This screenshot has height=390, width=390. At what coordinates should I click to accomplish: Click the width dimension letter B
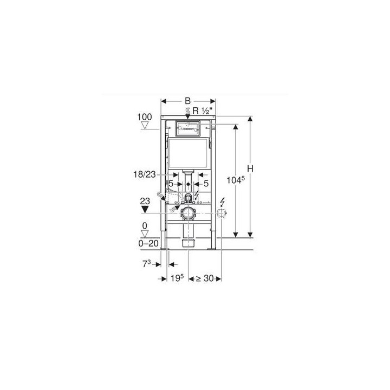click(188, 101)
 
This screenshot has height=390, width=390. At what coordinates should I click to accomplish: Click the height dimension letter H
click(250, 168)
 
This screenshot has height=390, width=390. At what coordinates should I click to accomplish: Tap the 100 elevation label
click(145, 117)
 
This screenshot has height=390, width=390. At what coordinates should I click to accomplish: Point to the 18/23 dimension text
click(145, 174)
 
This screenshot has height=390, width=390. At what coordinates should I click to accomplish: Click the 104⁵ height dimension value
click(236, 180)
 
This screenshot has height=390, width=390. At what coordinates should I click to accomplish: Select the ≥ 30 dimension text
click(205, 278)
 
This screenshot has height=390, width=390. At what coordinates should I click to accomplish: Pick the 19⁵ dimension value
click(177, 278)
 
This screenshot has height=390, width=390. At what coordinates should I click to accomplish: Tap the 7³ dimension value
click(146, 264)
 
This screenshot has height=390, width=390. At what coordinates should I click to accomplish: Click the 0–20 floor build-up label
click(148, 243)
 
